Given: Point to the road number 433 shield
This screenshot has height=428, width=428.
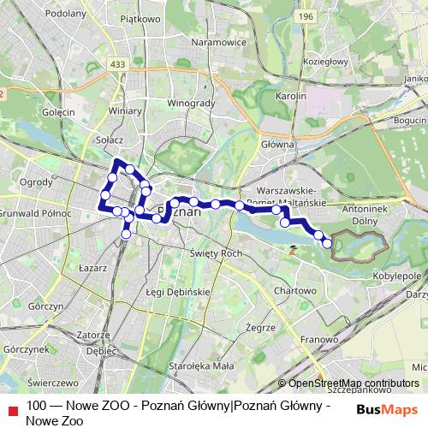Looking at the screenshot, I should click(117, 63).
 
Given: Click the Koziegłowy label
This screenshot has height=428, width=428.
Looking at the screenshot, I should click(326, 61).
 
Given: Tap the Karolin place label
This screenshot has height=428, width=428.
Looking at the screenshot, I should click(291, 97).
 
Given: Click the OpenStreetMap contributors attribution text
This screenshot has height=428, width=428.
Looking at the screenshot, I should click(353, 384).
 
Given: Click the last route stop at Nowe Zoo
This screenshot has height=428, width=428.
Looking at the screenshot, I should click(327, 244).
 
